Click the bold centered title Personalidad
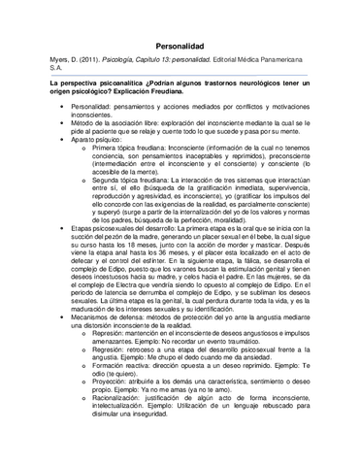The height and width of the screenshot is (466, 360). (180, 46)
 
